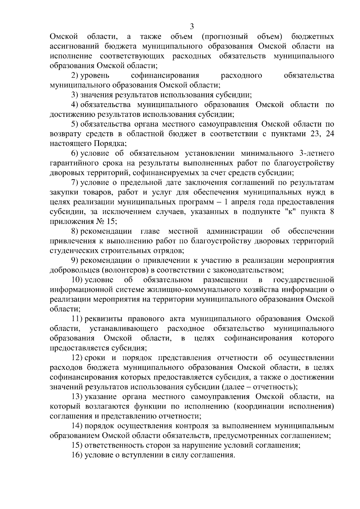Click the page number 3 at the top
192,27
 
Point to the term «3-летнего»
317,154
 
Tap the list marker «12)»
77,358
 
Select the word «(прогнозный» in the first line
225,37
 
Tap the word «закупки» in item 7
62,192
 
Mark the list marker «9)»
75,260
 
